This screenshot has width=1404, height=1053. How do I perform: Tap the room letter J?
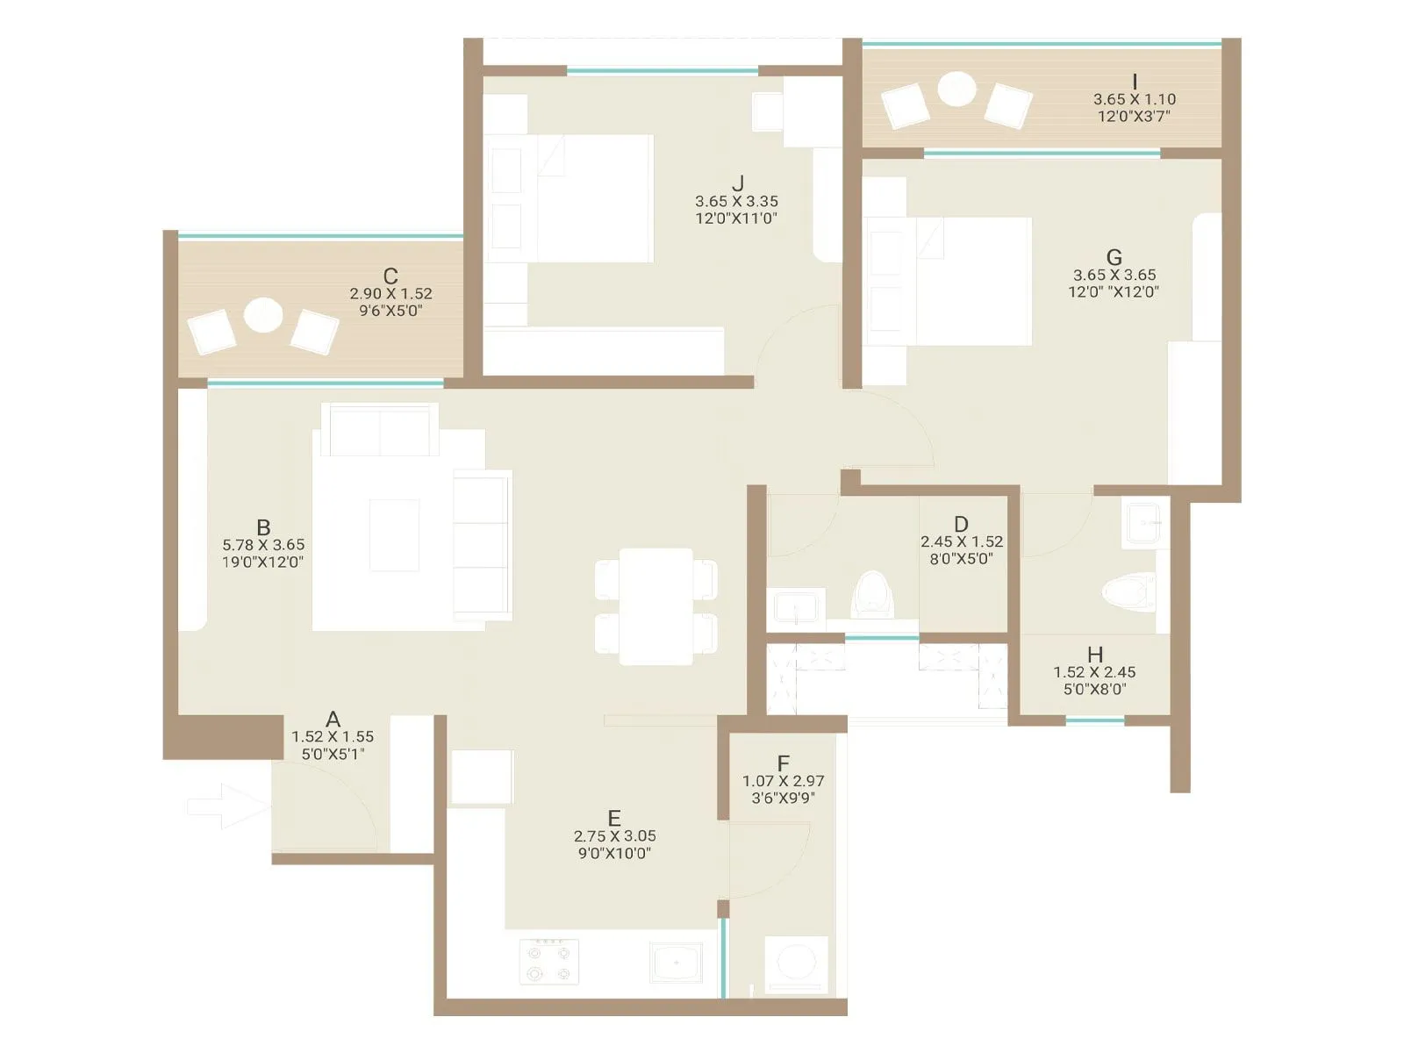coord(737,183)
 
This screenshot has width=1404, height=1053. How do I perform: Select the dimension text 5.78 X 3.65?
coord(263,545)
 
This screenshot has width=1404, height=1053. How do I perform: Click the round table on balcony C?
coord(263,315)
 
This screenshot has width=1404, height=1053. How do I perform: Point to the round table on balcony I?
coord(956,89)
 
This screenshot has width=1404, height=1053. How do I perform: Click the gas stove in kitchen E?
coord(549,961)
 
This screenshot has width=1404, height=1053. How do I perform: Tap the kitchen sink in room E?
coord(677,962)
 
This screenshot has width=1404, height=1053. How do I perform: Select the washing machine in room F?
coord(797,963)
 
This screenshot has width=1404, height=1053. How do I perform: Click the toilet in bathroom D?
coord(872,594)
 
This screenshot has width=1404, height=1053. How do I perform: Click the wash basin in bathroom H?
coord(1144,523)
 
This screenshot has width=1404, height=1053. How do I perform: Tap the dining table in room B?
coord(656,605)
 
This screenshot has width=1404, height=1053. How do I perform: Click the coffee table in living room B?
coord(394,535)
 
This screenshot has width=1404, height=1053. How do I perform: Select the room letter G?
coord(1114,257)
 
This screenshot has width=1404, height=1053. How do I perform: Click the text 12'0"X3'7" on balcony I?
coord(1134,116)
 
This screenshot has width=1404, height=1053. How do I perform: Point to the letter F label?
coord(784,763)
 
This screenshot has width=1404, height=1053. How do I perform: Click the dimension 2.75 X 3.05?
coord(614,836)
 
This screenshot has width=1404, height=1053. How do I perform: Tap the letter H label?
coord(1095,655)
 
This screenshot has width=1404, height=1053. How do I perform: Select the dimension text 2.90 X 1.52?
coord(390,294)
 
